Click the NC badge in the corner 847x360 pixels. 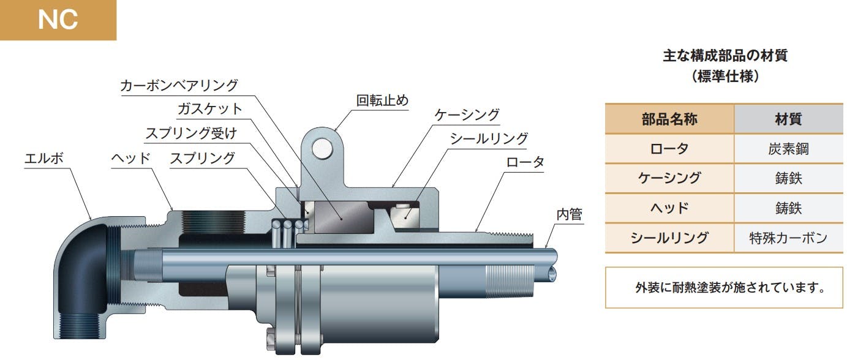click(x=58, y=20)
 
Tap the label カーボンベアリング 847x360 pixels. click(x=179, y=86)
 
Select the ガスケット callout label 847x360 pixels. click(x=210, y=109)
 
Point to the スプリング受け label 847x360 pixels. click(x=191, y=133)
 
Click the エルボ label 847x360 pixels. click(x=44, y=158)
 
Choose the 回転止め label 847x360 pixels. click(x=382, y=100)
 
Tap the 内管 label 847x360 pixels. click(x=569, y=214)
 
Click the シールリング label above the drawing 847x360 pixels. click(x=489, y=139)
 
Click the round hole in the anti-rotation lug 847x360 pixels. click(x=322, y=148)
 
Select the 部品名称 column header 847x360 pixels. click(x=669, y=119)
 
